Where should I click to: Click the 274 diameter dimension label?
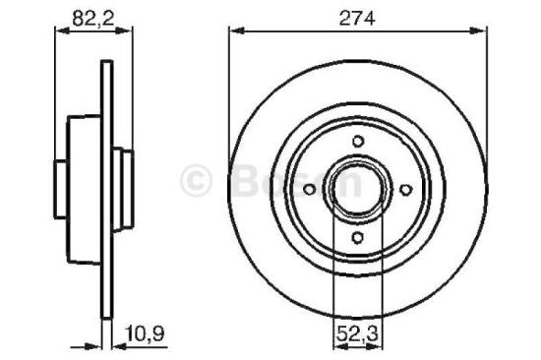[x=358, y=16]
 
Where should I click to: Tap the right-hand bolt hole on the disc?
[x=404, y=187]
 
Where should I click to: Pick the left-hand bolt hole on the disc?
[x=309, y=187]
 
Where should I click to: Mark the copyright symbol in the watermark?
[x=200, y=181]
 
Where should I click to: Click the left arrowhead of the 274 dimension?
[x=234, y=31]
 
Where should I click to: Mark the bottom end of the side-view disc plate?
[x=103, y=317]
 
